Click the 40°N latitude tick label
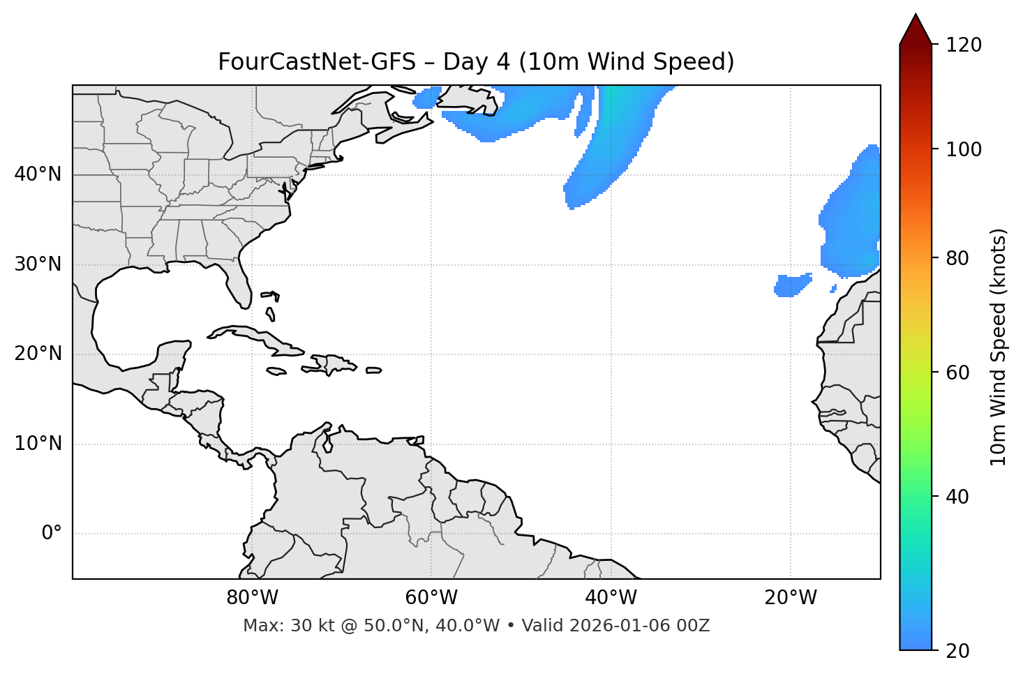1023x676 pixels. pyautogui.click(x=38, y=174)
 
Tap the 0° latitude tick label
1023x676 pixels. pyautogui.click(x=52, y=534)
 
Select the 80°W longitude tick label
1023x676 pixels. pyautogui.click(x=252, y=598)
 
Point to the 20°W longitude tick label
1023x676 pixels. pyautogui.click(x=791, y=598)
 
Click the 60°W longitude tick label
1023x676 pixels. pyautogui.click(x=431, y=598)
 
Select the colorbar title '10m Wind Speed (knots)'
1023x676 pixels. pyautogui.click(x=999, y=347)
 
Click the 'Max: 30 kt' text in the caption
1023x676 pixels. pyautogui.click(x=276, y=626)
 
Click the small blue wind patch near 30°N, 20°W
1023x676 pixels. pyautogui.click(x=792, y=285)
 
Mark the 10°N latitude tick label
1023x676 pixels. pyautogui.click(x=38, y=444)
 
